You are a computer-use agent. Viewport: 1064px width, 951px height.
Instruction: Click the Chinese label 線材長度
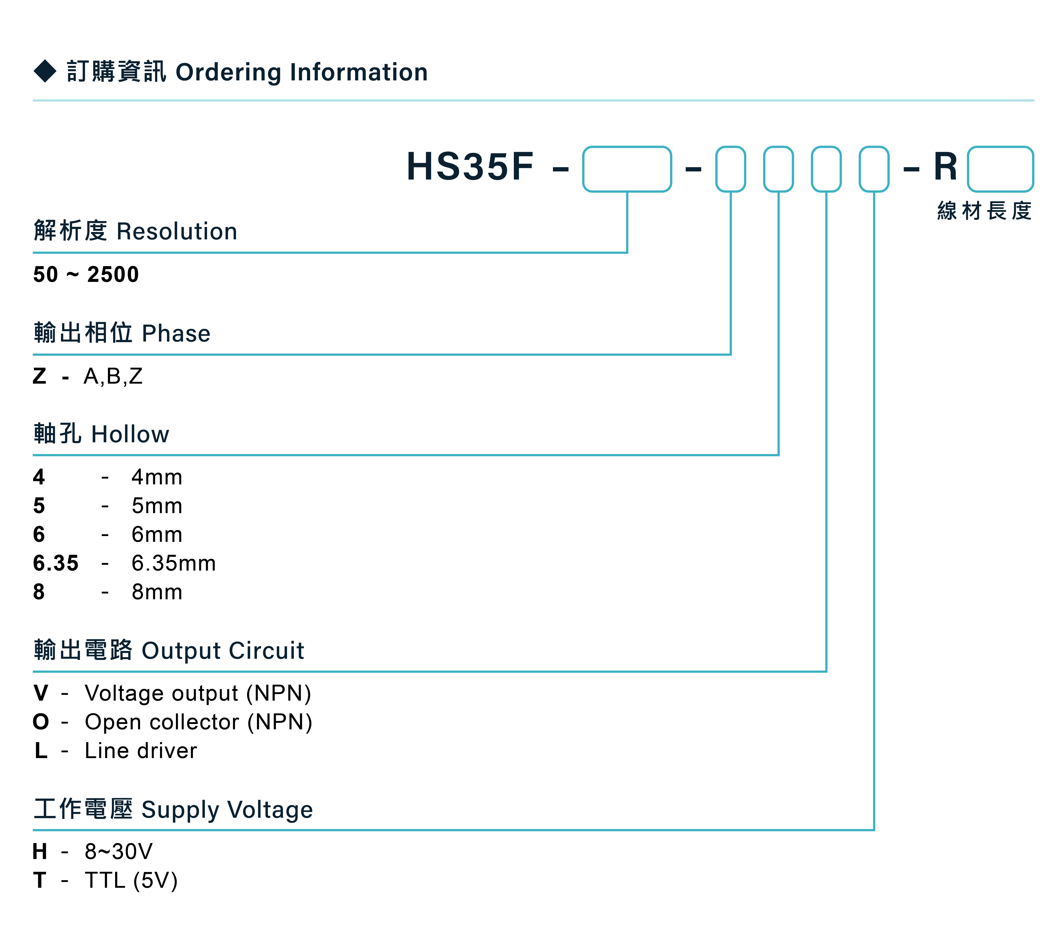(984, 211)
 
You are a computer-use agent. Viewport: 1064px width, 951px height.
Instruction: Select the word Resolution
(177, 231)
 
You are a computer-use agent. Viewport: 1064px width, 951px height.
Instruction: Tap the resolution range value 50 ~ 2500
(86, 274)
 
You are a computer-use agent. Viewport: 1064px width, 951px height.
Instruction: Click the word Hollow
(130, 434)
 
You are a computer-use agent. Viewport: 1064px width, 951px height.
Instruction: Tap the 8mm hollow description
(157, 592)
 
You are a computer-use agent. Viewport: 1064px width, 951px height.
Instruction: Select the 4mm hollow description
(157, 477)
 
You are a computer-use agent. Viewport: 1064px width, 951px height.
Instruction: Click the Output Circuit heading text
(223, 651)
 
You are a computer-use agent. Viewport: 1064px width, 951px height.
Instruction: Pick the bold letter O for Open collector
(41, 722)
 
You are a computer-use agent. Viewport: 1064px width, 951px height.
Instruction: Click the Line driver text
(141, 751)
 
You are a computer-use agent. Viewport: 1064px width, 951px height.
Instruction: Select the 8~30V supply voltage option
(118, 852)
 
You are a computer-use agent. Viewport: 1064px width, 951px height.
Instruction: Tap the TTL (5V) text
(132, 880)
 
